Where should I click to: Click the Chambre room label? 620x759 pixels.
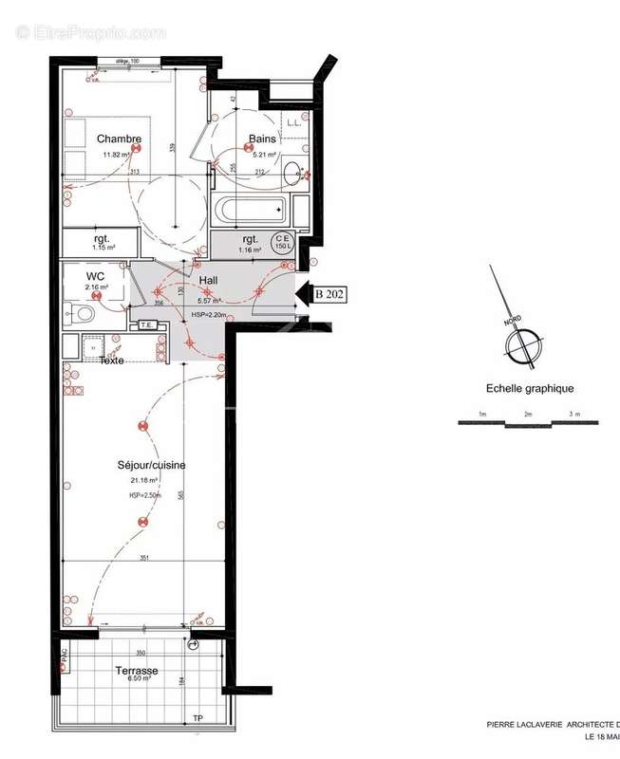pos(120,139)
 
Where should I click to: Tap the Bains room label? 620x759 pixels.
pos(263,139)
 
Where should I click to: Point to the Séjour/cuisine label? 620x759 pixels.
pos(151,465)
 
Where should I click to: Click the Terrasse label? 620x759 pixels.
pos(138,671)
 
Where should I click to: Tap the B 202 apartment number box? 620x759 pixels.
pos(329,294)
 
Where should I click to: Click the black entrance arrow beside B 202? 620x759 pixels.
pos(304,294)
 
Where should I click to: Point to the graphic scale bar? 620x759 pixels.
pos(529,423)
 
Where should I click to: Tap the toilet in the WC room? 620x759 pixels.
pos(83,311)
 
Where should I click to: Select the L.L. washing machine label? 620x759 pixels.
pos(294,122)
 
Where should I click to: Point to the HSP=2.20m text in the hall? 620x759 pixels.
pos(208,315)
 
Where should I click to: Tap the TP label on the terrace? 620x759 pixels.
pos(197,718)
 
